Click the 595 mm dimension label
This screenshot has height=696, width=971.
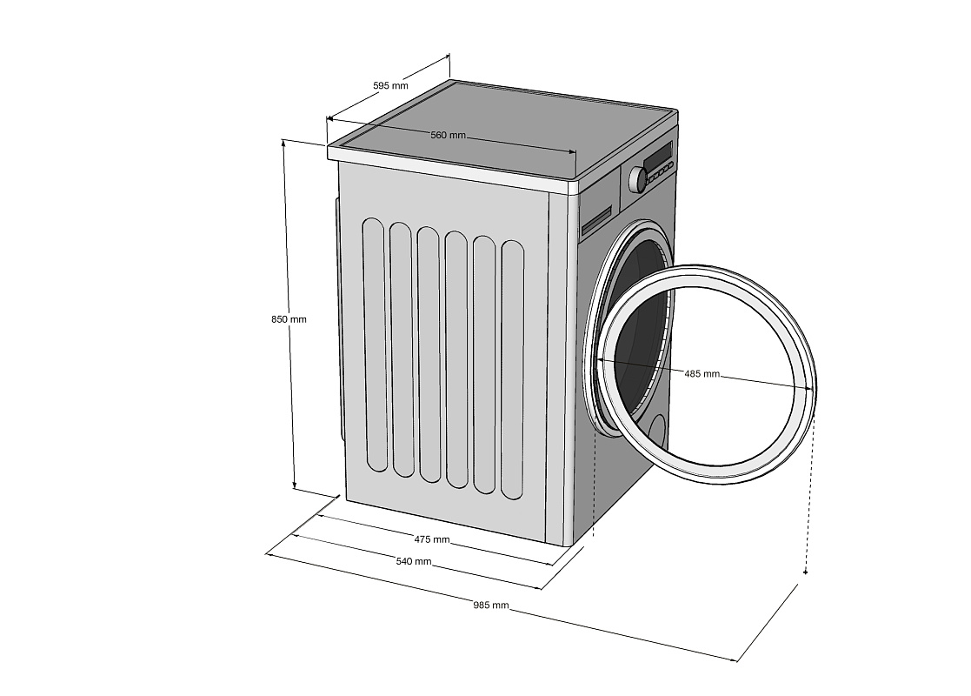[390, 85]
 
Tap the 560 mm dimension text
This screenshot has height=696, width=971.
[448, 135]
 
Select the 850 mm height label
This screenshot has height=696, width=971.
[289, 319]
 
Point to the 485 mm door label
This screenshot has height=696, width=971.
[702, 373]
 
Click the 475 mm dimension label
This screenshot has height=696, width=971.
[431, 539]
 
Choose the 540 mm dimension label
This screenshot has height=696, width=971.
[414, 561]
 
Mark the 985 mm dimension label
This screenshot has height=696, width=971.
[491, 605]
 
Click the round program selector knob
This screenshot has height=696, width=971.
[637, 179]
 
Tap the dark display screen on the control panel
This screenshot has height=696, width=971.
[657, 157]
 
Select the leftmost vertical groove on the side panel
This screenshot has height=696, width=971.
[375, 345]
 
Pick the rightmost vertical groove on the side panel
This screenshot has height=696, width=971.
[512, 371]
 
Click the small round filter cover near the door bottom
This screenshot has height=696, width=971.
[657, 432]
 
